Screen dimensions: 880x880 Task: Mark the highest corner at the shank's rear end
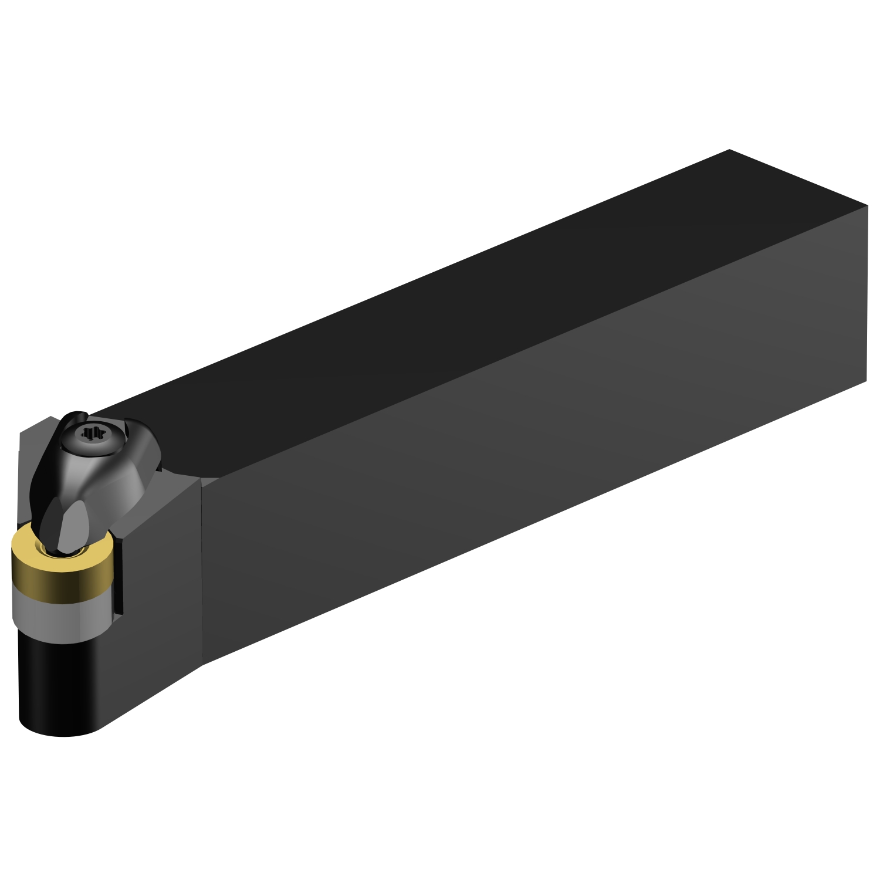(729, 150)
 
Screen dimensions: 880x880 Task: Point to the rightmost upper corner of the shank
(867, 206)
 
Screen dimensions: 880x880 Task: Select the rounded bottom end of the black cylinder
(59, 727)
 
